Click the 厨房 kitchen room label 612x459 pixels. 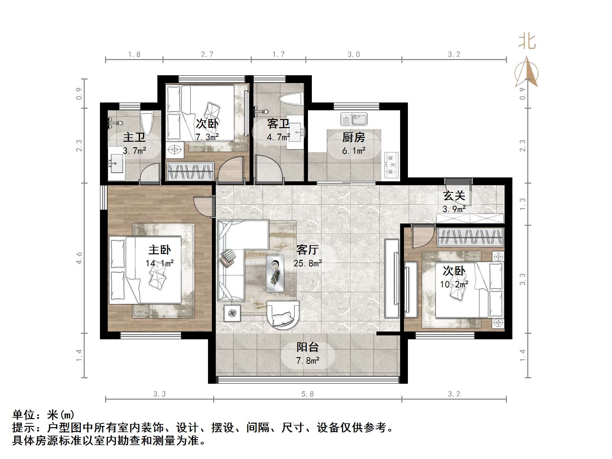353,138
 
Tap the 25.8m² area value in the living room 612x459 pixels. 308,263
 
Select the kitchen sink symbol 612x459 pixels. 354,119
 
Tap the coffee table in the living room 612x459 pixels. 275,273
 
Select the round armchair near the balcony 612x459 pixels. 283,315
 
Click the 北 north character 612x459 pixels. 527,42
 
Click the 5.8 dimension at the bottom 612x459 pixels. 308,394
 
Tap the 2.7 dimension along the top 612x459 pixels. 207,54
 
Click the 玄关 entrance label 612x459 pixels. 454,196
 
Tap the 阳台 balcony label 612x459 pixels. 308,347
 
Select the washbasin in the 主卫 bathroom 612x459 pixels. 116,163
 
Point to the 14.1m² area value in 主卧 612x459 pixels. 159,263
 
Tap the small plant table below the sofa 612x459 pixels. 232,313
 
